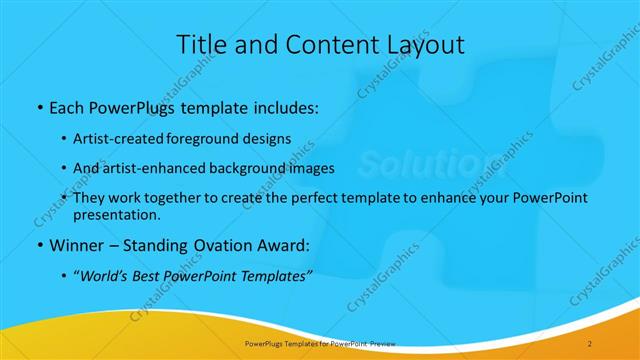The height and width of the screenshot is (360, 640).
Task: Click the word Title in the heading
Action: pyautogui.click(x=200, y=45)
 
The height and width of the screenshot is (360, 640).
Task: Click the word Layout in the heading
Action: pyautogui.click(x=424, y=45)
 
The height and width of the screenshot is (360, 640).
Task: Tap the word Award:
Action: pyautogui.click(x=275, y=245)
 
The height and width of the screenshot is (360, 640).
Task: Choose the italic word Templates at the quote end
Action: pyautogui.click(x=275, y=275)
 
